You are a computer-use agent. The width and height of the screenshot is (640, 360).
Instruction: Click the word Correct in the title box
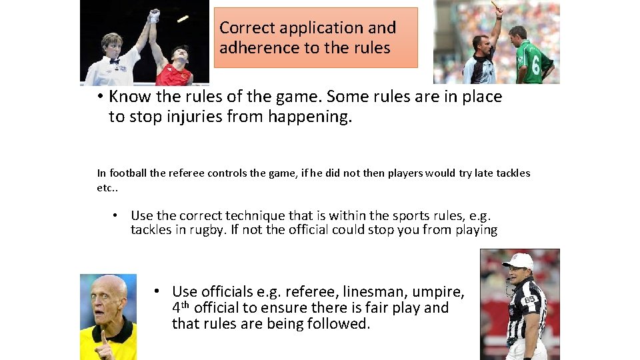[x=242, y=28]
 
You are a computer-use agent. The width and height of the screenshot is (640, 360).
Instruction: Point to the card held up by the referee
[x=495, y=5]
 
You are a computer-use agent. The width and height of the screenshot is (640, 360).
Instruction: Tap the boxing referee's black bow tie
[x=114, y=61]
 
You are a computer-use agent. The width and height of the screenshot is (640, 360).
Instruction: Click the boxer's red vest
[x=175, y=75]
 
